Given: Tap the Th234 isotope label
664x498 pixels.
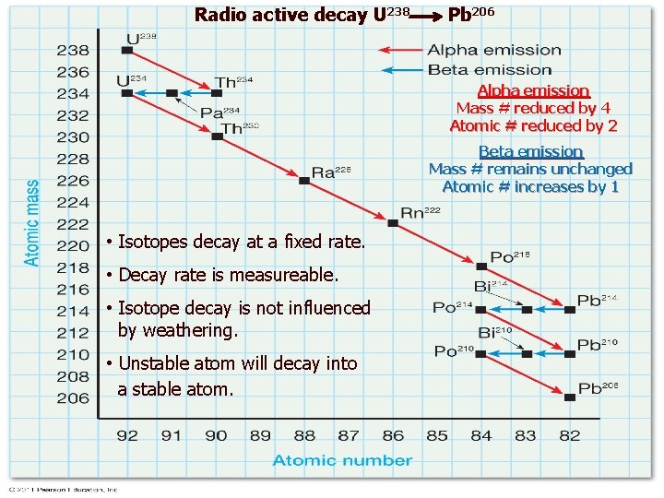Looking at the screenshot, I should pyautogui.click(x=232, y=82).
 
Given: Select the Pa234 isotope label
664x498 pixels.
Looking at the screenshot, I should pyautogui.click(x=219, y=113).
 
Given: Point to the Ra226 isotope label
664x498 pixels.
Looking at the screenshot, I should pyautogui.click(x=331, y=172).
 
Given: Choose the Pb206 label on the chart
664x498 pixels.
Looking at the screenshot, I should pyautogui.click(x=597, y=388).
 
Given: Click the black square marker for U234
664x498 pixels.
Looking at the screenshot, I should pyautogui.click(x=127, y=93).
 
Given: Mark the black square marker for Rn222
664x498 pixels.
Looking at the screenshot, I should pyautogui.click(x=393, y=223).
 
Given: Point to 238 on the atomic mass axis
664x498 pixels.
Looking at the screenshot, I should pyautogui.click(x=73, y=50).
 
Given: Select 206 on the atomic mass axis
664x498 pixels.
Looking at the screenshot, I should pyautogui.click(x=73, y=398).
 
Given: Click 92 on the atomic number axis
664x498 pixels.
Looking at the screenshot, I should pyautogui.click(x=127, y=435).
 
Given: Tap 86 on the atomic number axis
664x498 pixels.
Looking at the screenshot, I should pyautogui.click(x=393, y=435).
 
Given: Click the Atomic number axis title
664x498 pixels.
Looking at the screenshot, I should pyautogui.click(x=342, y=460).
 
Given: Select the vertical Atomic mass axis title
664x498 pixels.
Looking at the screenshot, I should pyautogui.click(x=32, y=223).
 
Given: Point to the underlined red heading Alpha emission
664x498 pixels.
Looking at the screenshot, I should pyautogui.click(x=533, y=90).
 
